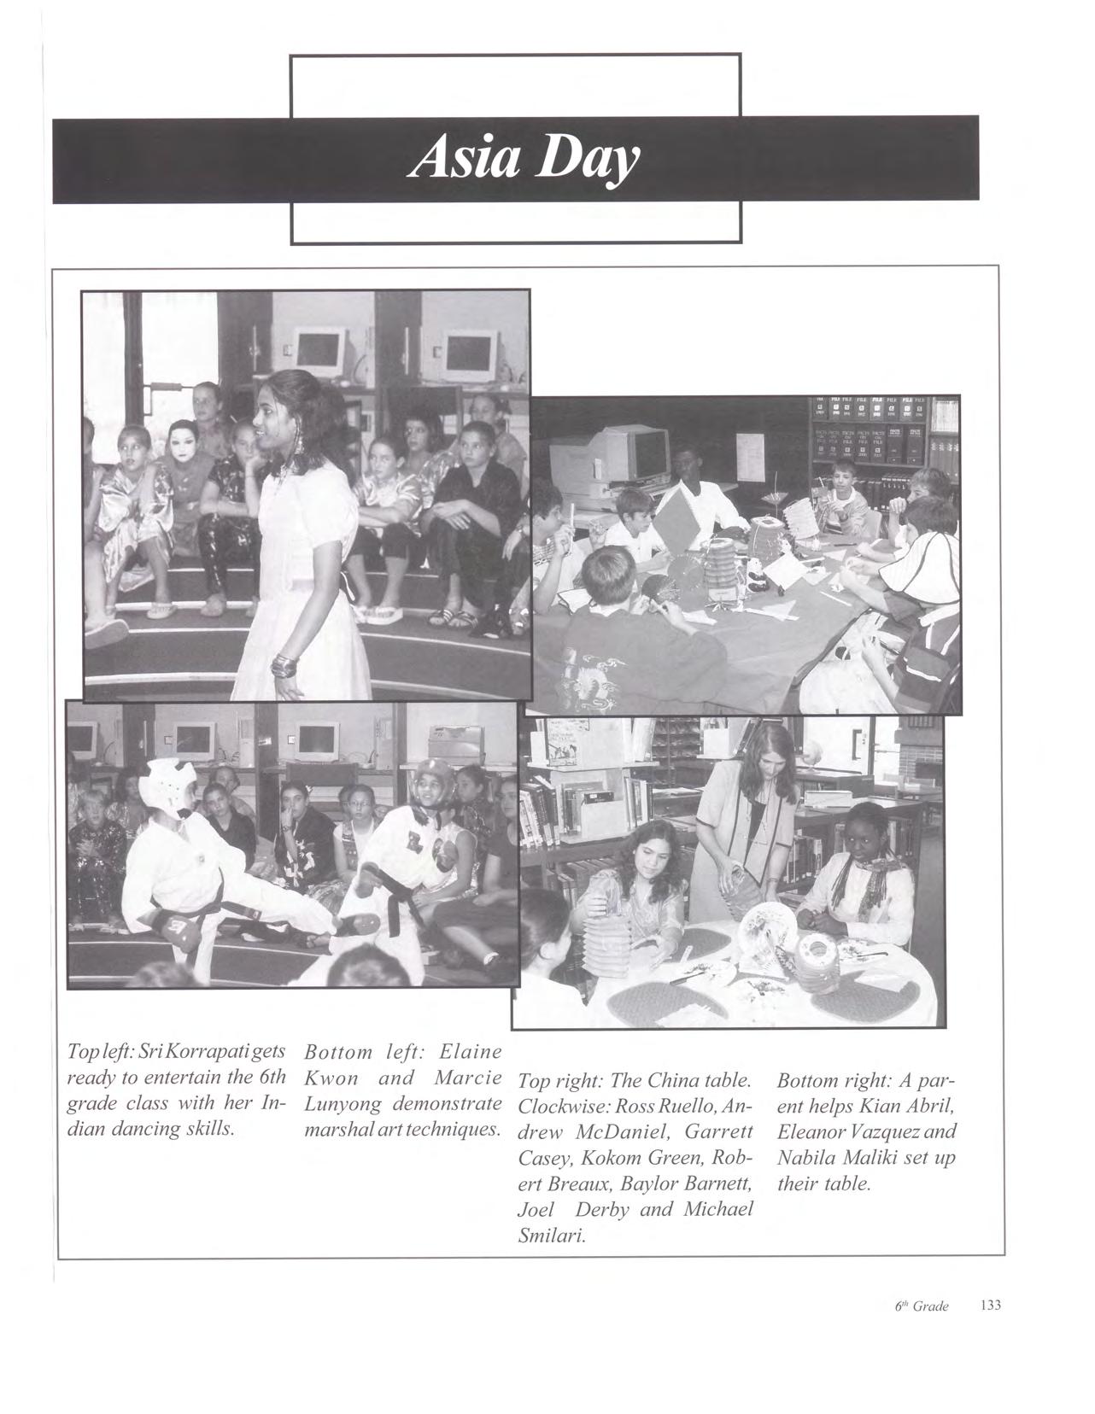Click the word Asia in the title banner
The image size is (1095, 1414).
466,160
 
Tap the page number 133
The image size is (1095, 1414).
991,1306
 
